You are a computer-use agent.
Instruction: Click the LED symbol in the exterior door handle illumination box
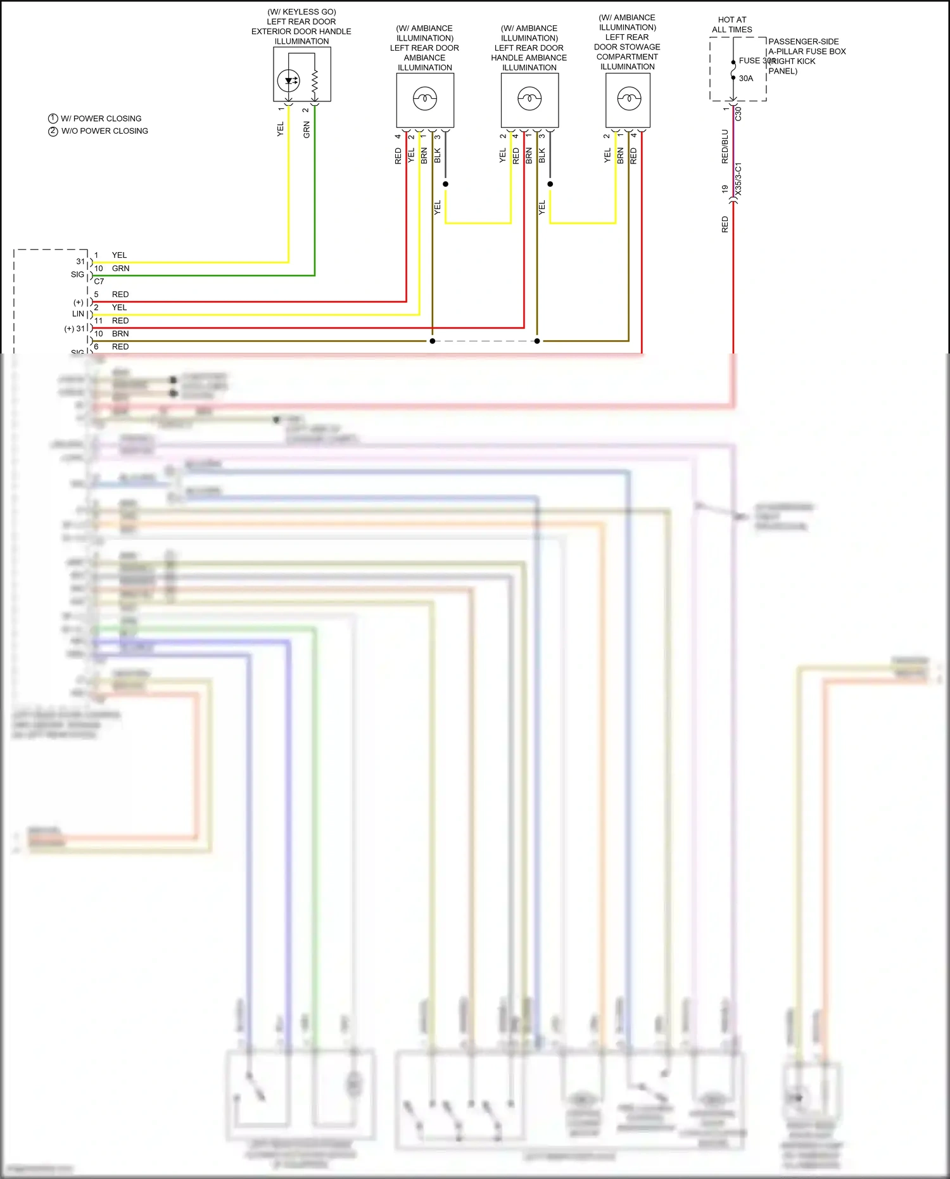289,80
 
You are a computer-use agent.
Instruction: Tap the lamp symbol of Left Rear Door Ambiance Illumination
424,99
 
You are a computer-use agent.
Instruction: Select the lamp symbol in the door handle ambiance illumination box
529,99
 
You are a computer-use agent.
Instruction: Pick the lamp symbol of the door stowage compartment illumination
629,98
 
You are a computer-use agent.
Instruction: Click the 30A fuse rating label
746,79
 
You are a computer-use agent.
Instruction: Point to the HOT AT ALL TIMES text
732,25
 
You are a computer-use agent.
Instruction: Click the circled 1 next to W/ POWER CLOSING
53,118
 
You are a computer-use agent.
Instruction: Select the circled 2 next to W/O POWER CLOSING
53,131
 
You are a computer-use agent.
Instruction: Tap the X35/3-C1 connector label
738,179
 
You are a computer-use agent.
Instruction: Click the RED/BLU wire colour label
725,147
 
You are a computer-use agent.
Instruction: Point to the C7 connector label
99,281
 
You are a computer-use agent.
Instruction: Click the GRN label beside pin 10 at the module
120,269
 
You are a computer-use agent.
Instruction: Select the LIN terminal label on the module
78,314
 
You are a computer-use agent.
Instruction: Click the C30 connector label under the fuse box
738,114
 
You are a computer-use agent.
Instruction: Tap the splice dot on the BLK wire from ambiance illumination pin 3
445,184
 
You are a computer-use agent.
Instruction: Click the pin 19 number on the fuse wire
725,189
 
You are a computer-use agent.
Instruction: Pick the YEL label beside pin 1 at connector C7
119,255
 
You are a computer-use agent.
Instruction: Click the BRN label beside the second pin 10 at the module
120,334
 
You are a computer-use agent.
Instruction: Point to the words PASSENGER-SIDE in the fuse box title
803,42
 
